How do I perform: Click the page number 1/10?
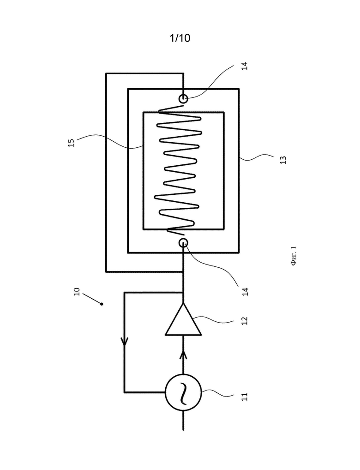point(180,38)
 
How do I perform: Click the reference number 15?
point(71,143)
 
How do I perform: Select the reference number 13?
point(283,160)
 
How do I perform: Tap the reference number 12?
point(245,321)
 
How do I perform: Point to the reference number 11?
point(245,397)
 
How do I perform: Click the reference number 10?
point(77,292)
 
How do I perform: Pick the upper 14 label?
point(245,66)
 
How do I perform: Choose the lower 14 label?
point(245,292)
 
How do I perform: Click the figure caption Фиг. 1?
point(294,256)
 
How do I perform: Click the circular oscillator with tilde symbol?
point(183,392)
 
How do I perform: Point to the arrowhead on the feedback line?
point(125,341)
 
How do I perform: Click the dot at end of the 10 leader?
point(102,304)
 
